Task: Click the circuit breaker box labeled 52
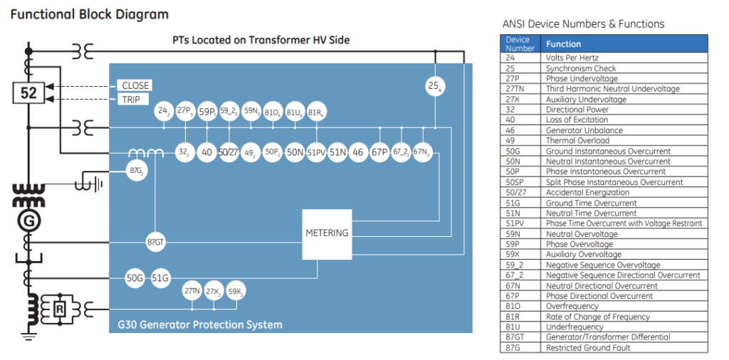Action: tap(29, 92)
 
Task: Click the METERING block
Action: tap(327, 233)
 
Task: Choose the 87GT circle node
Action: tap(155, 241)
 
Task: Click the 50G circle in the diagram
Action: tap(135, 278)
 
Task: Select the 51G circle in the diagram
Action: tap(160, 278)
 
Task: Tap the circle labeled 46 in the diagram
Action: tap(358, 152)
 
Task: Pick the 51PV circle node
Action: tap(316, 152)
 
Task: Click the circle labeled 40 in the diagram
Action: tap(206, 152)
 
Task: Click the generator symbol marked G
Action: tap(29, 221)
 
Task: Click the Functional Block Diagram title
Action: tap(89, 14)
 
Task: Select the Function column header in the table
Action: tap(563, 44)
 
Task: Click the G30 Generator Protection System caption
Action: tap(200, 325)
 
